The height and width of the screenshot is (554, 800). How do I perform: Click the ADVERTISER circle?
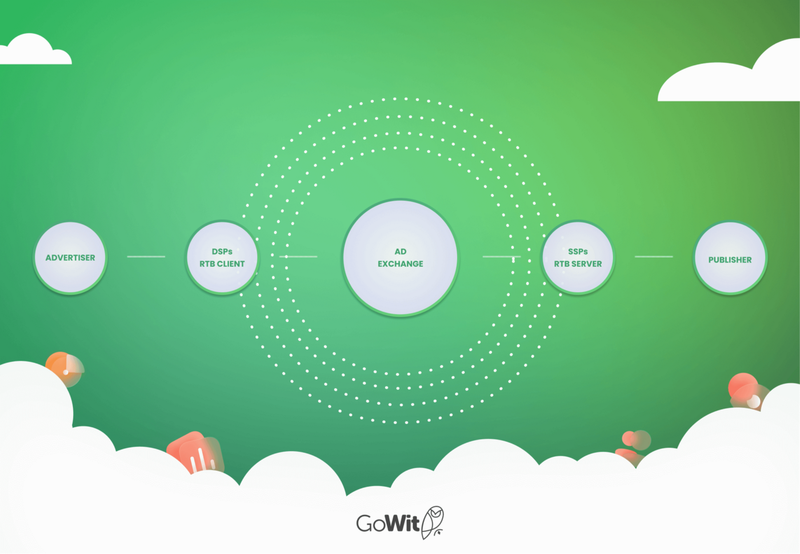click(70, 258)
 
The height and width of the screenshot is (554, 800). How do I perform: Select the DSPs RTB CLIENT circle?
click(222, 258)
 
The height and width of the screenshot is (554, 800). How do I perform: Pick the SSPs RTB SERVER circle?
click(578, 258)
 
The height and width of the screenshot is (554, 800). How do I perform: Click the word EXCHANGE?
click(401, 264)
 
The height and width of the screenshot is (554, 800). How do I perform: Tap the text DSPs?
click(222, 252)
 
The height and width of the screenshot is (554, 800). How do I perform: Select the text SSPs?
click(578, 252)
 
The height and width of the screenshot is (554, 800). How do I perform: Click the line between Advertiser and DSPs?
click(146, 257)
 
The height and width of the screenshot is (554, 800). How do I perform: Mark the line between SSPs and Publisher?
click(654, 257)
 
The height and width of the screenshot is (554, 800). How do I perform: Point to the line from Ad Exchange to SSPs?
click(501, 257)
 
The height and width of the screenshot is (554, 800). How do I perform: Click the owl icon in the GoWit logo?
click(433, 521)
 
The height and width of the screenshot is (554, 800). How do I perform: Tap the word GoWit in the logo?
click(388, 523)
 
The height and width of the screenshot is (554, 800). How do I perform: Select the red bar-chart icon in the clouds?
click(196, 453)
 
